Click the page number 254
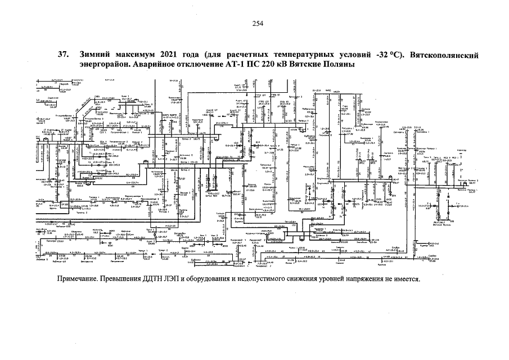click(x=258, y=23)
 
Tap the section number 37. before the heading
click(x=64, y=56)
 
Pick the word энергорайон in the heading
click(x=104, y=65)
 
